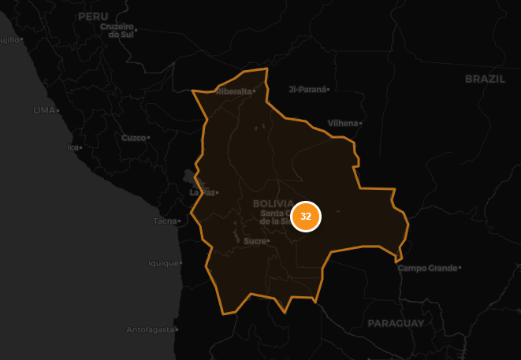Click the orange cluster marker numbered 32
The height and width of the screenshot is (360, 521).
coord(306,217)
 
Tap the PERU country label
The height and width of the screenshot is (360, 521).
coord(93,16)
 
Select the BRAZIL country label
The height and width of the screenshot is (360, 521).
coord(484,79)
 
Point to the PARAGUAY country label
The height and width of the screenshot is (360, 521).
coord(396,323)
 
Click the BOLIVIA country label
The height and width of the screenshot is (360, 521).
coord(274,203)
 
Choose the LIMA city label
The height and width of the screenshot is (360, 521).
coord(44,109)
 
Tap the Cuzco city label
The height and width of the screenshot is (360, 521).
coord(133,138)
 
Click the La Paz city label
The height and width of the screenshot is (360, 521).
coord(202,192)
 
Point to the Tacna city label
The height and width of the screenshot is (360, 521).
coord(166,221)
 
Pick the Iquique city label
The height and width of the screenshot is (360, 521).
coord(164,263)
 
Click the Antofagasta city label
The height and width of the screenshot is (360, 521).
coord(151,329)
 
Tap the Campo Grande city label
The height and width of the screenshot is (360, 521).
coord(427,268)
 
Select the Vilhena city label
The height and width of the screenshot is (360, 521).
coord(342,123)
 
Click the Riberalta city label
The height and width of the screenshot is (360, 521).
coord(233,91)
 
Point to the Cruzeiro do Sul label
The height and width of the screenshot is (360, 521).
coord(119,31)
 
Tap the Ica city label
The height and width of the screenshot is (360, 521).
coord(73,147)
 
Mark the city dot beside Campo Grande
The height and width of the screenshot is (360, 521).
coord(460,269)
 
